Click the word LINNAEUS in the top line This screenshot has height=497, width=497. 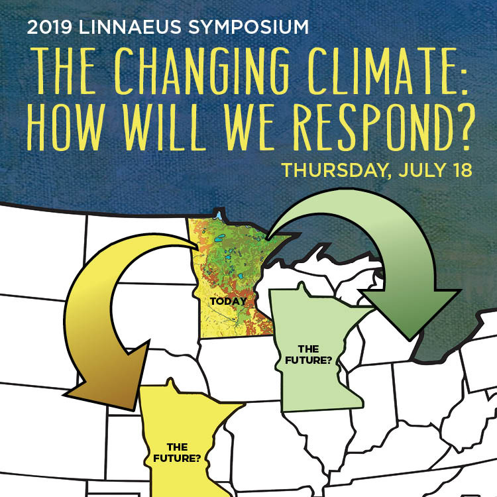pos(130,27)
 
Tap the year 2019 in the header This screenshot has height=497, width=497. pos(50,27)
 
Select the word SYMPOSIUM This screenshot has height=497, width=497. pos(248,27)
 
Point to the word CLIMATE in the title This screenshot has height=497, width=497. pos(381,72)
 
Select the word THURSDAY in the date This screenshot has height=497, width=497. pos(335,170)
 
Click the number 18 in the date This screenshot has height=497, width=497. pos(463,170)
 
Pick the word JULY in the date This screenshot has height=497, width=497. pos(423,170)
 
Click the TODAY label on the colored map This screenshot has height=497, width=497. pos(228,301)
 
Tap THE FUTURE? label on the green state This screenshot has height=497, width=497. pos(308,355)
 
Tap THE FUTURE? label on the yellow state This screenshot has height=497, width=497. pos(177,453)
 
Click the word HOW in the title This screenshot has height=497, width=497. pos(66,127)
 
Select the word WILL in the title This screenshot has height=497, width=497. pos(163,127)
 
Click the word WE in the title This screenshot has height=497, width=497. pos(248,127)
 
